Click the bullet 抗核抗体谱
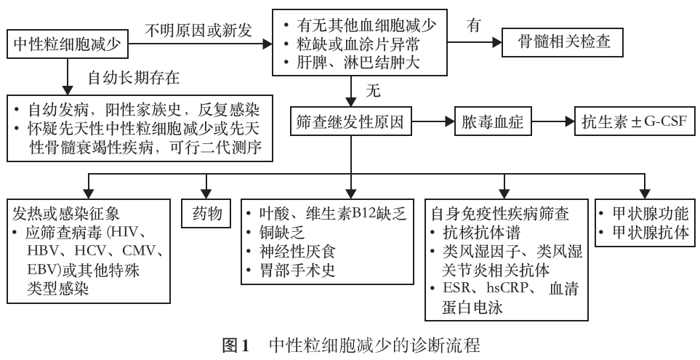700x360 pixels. point(480,234)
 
